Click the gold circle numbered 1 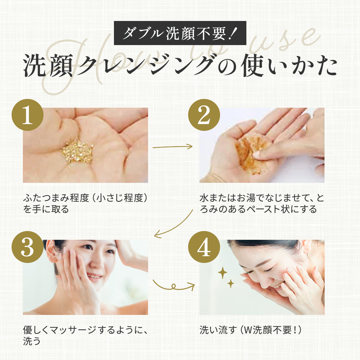(x=28, y=115)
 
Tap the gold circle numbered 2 (x=204, y=115)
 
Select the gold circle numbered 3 (x=28, y=247)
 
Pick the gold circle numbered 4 (x=204, y=247)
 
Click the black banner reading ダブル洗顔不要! (x=180, y=33)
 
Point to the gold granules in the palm (x=78, y=151)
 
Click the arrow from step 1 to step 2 (x=173, y=147)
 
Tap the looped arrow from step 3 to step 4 (x=174, y=286)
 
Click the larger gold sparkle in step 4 (x=222, y=273)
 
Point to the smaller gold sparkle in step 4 (x=231, y=284)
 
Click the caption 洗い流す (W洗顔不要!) (x=250, y=330)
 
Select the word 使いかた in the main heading (x=289, y=65)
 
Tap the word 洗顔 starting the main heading (x=48, y=65)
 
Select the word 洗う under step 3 (x=32, y=341)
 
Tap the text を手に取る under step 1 (x=46, y=209)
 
